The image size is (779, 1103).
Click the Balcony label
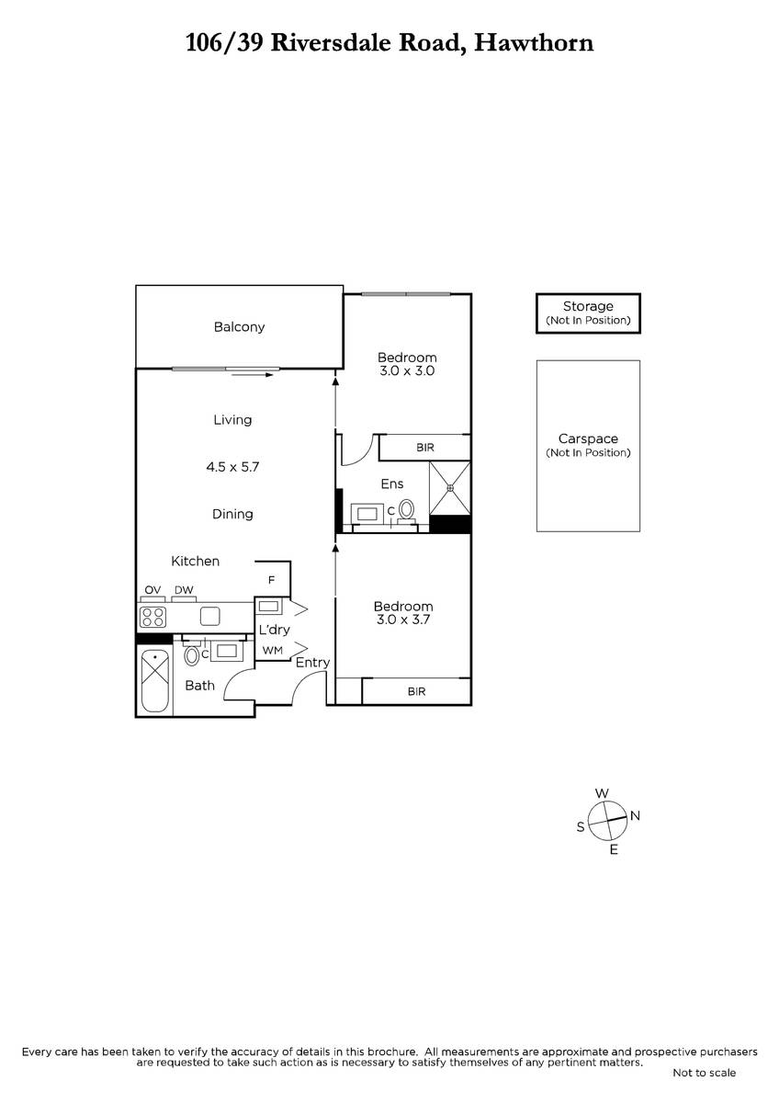pos(239,327)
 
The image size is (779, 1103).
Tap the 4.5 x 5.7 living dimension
pos(232,467)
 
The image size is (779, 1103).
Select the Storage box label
pos(588,307)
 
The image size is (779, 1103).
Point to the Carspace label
pos(588,439)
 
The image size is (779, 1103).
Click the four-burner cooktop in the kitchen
pos(152,616)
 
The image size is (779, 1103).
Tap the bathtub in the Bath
pos(155,680)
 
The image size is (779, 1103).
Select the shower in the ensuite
pos(450,487)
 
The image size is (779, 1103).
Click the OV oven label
pos(152,590)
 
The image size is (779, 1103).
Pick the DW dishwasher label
pos(184,590)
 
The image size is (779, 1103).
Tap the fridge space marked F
pos(272,580)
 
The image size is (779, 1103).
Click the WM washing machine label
pos(273,651)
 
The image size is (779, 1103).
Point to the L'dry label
pos(274,630)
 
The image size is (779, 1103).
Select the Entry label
pos(312,663)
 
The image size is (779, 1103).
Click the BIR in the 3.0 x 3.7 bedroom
pos(417,691)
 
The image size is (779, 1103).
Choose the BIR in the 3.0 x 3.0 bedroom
pos(424,448)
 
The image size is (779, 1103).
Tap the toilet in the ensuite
pos(407,508)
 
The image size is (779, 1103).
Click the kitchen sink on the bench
pos(210,616)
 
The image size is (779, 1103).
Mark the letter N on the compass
pos(635,815)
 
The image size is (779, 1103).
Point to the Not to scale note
pos(704,1073)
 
